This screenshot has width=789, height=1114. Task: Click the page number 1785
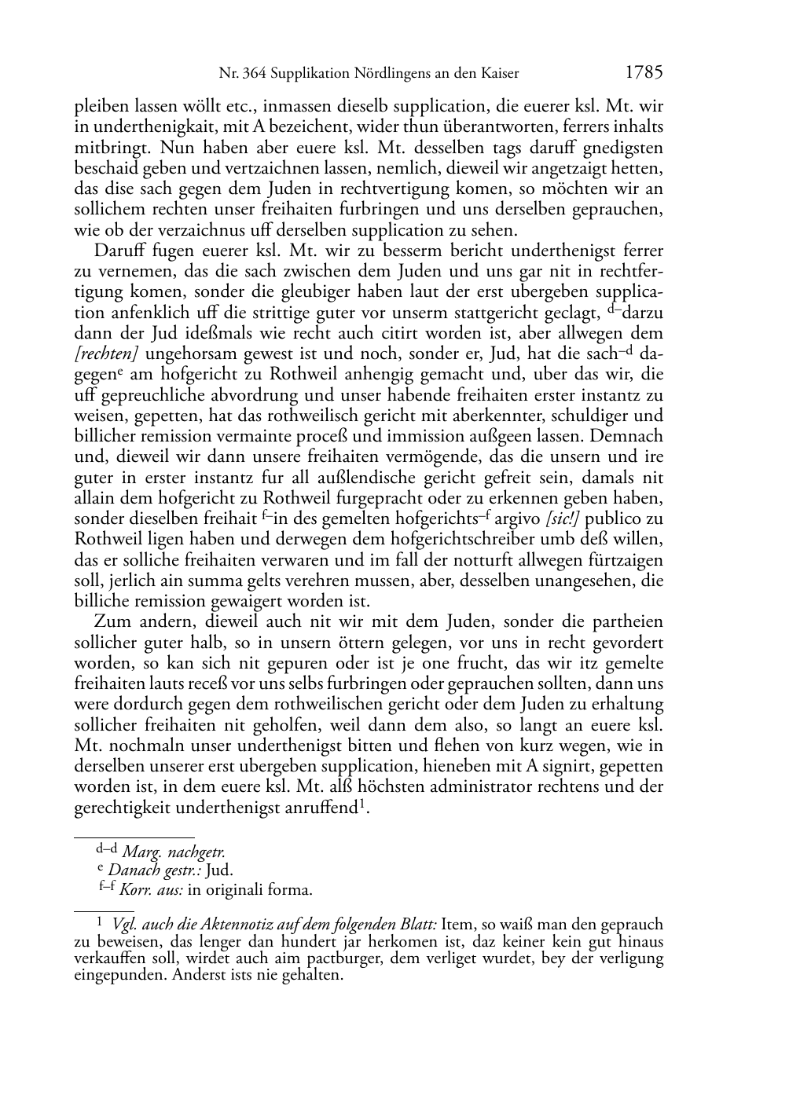[x=644, y=73]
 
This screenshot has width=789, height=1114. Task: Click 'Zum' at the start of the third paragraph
[x=112, y=622]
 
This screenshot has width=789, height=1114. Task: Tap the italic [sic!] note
[x=563, y=519]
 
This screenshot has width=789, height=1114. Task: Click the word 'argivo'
[x=518, y=519]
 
